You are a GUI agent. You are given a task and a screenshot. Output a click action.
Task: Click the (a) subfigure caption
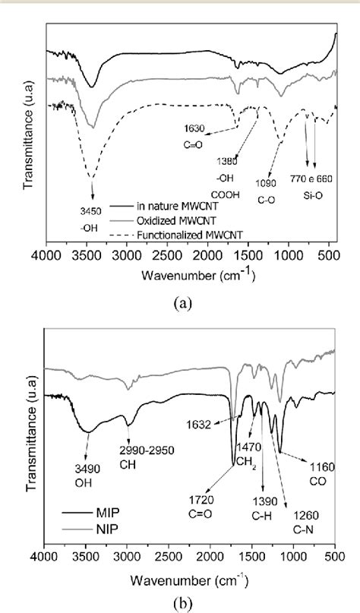pyautogui.click(x=183, y=302)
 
